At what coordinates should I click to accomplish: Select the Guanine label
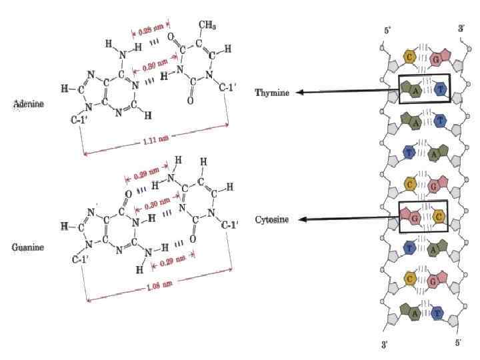27,247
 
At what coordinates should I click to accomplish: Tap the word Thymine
272,93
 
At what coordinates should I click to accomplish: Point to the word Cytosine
273,220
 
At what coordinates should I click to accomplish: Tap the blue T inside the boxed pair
439,90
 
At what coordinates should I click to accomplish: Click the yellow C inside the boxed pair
439,215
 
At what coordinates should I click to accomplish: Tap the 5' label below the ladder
458,343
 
